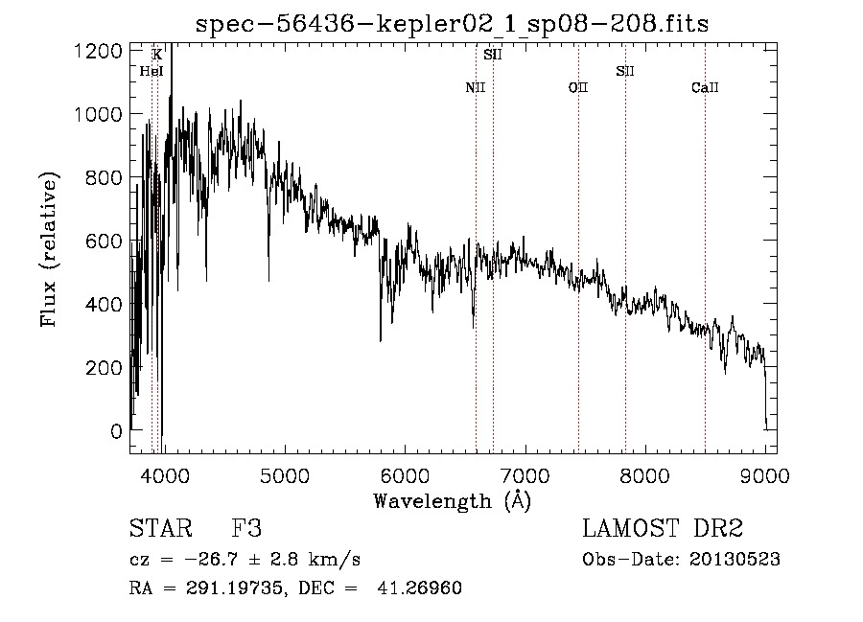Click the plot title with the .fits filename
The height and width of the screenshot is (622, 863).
coord(452,24)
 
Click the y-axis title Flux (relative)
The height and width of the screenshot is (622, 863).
coord(49,249)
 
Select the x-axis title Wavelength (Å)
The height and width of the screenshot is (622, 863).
coord(452,500)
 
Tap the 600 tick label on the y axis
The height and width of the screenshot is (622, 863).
coord(104,241)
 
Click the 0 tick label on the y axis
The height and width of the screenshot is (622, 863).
coord(116,431)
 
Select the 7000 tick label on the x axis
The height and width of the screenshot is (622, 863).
coord(525,473)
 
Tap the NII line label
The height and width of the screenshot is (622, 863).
coord(476,88)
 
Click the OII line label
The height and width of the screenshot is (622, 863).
coord(577,88)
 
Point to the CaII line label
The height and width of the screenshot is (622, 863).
coord(705,88)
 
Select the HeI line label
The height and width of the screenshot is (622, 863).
coord(152,71)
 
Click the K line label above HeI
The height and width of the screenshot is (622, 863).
coord(156,55)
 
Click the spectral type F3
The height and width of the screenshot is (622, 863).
coord(247,529)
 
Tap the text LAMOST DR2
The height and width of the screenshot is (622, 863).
coord(663,529)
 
